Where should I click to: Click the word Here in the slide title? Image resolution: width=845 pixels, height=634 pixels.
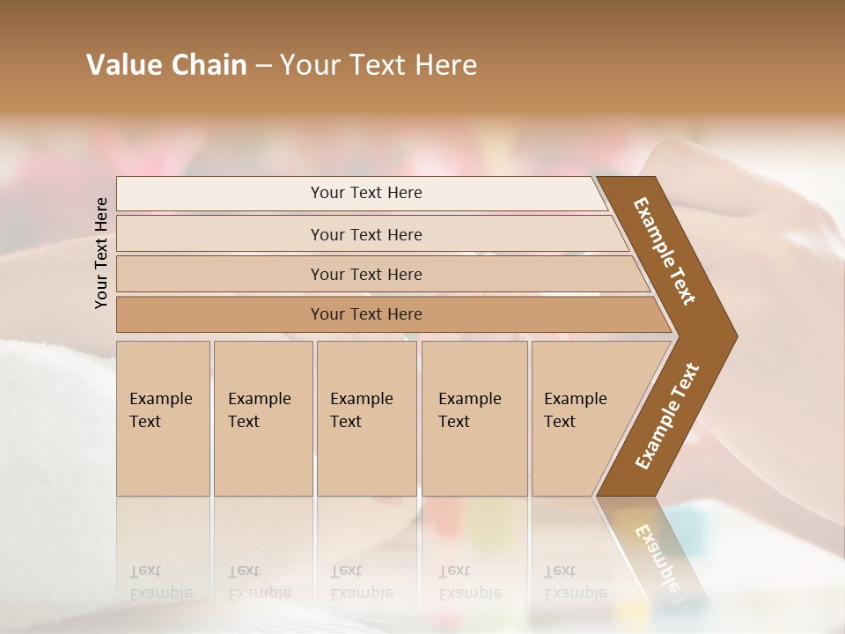[x=446, y=65]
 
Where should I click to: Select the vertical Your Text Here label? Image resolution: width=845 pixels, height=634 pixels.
[x=101, y=253]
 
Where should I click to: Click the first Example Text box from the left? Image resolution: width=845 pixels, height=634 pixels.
[x=163, y=417]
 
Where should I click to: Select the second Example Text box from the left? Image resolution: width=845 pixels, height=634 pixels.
[x=262, y=417]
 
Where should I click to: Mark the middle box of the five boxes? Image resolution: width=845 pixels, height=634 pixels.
[x=366, y=417]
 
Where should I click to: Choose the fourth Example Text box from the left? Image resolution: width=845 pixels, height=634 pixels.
[x=474, y=417]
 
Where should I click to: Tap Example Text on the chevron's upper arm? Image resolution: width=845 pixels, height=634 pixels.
[x=665, y=251]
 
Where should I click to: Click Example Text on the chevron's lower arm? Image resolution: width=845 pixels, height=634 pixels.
[x=666, y=416]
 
